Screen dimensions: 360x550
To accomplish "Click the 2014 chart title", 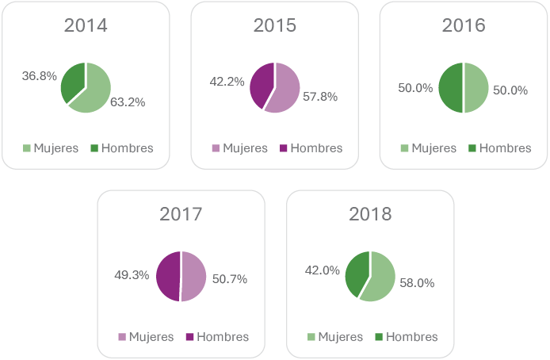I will point(86,25).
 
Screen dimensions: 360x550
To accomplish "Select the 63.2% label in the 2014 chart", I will point(128,102).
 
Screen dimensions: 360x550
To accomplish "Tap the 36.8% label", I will point(40,76).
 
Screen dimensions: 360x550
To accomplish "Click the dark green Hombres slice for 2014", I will point(73,80).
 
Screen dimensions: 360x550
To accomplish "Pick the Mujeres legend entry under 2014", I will point(51,148).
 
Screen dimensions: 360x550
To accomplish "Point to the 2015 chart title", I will point(275,25).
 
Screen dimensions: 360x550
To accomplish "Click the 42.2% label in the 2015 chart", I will point(227,81).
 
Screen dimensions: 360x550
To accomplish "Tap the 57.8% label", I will point(320,97).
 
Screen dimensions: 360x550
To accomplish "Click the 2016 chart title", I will point(464,25).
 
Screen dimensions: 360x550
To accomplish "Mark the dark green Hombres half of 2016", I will point(451,87).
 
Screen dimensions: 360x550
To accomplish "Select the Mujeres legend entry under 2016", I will point(429,148).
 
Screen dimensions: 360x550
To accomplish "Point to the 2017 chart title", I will point(181,214).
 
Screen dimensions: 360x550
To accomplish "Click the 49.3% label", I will point(133,276).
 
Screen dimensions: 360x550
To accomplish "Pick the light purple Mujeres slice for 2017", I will point(194,276).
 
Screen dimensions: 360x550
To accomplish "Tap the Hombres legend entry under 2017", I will point(217,337).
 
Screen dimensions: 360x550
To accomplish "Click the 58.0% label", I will point(417,283).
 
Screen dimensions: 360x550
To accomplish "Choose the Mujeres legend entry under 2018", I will point(335,337).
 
